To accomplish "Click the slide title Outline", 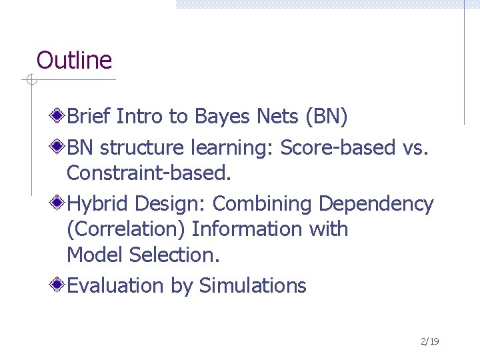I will click(x=74, y=60).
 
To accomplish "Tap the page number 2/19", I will click(x=429, y=341).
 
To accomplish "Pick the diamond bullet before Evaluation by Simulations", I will click(x=59, y=285).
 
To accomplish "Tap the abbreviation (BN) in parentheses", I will click(x=326, y=117).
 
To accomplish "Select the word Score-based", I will click(x=338, y=147).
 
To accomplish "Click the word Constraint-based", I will click(x=149, y=173).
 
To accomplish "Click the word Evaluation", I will click(x=116, y=286).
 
